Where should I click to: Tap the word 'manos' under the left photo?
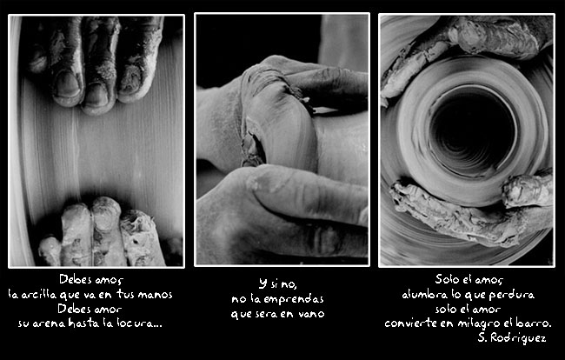(155, 295)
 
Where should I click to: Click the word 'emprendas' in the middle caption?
(294, 300)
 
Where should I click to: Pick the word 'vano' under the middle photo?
(312, 314)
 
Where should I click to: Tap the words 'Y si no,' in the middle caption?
(278, 284)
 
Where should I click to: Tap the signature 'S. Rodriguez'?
(512, 337)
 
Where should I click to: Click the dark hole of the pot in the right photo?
(473, 130)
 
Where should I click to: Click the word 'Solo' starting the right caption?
(446, 279)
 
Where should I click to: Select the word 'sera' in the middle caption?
(266, 314)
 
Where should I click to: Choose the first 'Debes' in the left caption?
(71, 279)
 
